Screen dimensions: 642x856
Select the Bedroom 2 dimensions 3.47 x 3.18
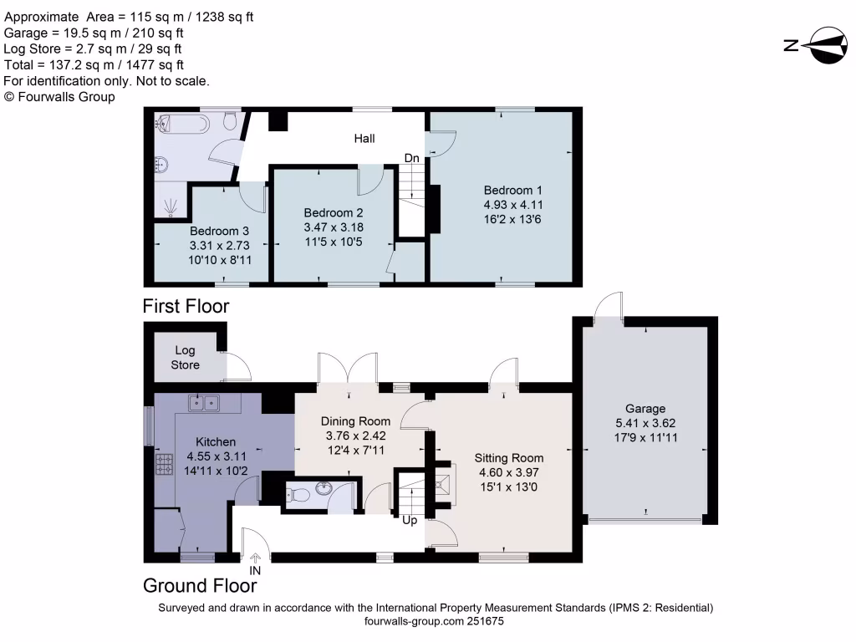coord(334,227)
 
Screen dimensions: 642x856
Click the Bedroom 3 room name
coord(217,232)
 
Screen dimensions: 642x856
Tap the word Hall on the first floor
coord(364,139)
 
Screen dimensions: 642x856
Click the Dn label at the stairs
coord(411,158)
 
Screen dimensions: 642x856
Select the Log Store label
coord(186,358)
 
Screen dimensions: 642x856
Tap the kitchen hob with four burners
coord(163,463)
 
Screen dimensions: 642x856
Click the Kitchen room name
coord(216,441)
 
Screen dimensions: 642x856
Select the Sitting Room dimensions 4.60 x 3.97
coord(509,473)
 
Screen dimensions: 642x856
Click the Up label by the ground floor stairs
coord(410,520)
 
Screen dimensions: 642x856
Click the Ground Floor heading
coord(200,585)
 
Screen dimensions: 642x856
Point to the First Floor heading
coord(186,306)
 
